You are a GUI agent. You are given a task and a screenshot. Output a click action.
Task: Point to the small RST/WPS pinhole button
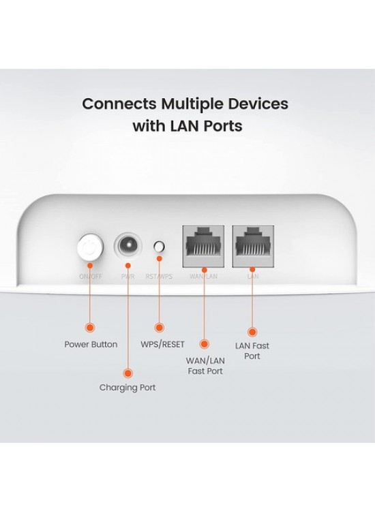point(160,247)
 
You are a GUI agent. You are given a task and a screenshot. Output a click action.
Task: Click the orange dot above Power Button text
point(90,327)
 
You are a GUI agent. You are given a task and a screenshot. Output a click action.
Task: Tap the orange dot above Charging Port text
point(126,372)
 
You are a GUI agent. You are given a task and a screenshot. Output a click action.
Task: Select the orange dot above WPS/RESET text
point(160,327)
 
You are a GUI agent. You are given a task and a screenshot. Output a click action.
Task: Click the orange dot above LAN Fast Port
point(252,328)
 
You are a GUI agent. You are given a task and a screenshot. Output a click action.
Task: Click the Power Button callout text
point(91,344)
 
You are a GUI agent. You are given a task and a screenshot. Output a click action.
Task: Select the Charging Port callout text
point(128,388)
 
